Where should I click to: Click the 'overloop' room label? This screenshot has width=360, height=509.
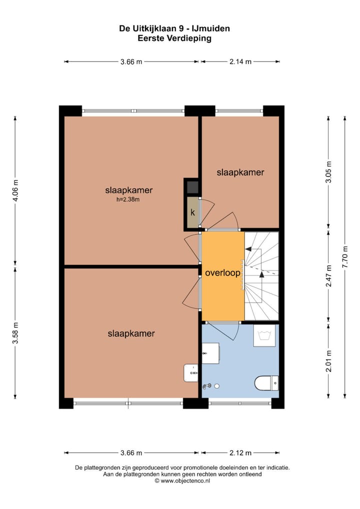click(222, 273)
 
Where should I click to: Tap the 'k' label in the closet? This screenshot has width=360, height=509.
click(192, 212)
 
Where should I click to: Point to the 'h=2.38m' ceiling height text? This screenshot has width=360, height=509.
click(128, 199)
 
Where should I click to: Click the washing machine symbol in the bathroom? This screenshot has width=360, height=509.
click(263, 336)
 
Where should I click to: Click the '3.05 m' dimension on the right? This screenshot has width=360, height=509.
click(328, 172)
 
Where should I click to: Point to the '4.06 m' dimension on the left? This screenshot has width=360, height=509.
click(15, 190)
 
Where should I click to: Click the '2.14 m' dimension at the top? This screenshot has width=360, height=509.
click(240, 61)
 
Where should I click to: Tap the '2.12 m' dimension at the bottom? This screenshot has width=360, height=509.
click(240, 453)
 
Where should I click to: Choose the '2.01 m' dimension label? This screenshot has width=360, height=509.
click(328, 359)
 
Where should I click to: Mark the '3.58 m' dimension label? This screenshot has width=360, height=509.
click(15, 332)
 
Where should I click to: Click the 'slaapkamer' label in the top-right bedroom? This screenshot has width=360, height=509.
click(240, 172)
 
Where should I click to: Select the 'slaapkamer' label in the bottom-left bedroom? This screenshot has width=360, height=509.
click(131, 333)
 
